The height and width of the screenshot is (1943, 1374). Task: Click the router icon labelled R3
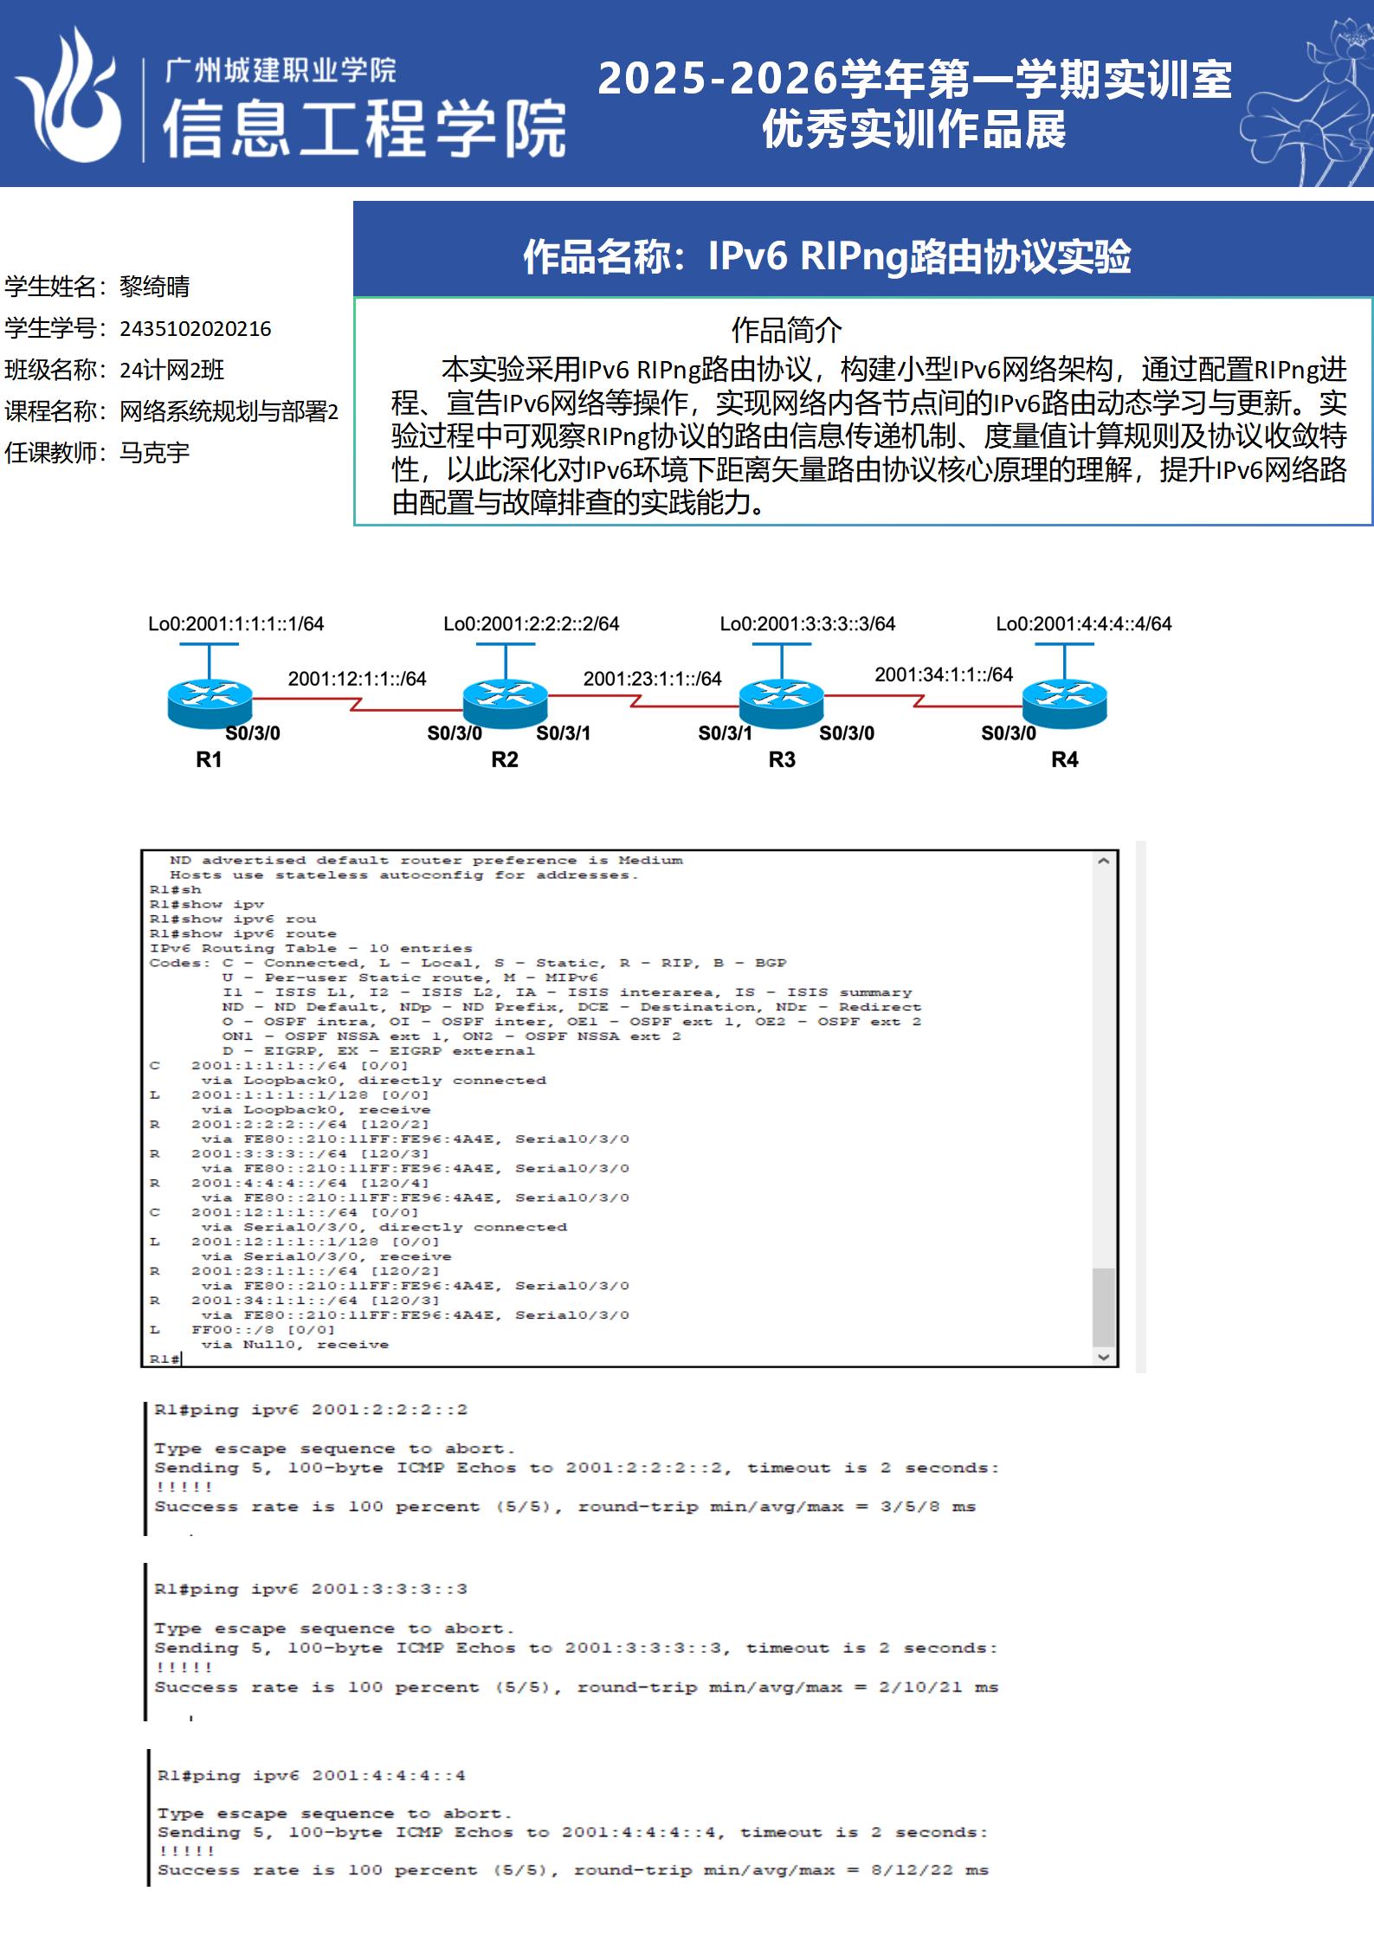click(x=782, y=703)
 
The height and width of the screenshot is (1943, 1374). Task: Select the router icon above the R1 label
click(x=210, y=703)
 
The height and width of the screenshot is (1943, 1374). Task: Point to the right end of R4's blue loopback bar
click(x=1093, y=644)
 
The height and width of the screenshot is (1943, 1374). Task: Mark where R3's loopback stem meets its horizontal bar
click(x=782, y=644)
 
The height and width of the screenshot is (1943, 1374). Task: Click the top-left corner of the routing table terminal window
click(x=141, y=850)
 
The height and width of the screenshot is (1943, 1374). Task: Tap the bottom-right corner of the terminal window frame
click(x=1119, y=1366)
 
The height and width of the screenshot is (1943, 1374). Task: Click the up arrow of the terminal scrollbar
click(x=1103, y=862)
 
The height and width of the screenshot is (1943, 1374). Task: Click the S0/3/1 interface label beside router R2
click(x=564, y=733)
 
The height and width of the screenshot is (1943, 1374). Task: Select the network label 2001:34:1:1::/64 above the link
click(x=944, y=675)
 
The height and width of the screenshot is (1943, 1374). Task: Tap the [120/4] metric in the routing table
click(x=394, y=1183)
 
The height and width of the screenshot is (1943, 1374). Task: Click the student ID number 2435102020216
click(x=196, y=329)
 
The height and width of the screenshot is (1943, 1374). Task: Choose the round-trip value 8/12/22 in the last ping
click(x=912, y=1869)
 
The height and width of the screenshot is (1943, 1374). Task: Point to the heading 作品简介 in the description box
click(x=786, y=330)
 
